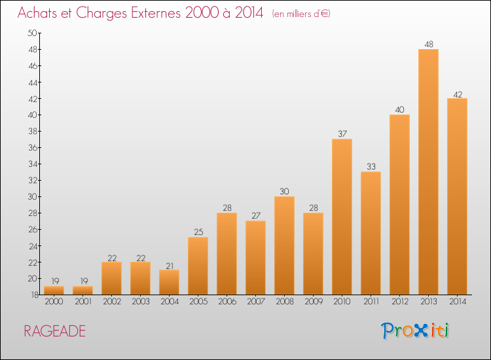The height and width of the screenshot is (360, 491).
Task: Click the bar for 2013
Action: click(428, 172)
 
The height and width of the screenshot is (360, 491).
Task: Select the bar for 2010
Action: click(342, 217)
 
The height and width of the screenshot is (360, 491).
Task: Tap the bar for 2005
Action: click(198, 266)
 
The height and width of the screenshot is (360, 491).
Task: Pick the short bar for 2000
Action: click(54, 291)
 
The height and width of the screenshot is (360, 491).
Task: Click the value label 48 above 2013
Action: click(429, 45)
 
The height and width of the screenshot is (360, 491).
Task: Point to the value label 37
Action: click(342, 134)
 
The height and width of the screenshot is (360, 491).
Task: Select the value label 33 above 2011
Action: click(371, 166)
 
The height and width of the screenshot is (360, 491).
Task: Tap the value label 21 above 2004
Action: click(170, 266)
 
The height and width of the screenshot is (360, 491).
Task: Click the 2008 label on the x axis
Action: click(285, 302)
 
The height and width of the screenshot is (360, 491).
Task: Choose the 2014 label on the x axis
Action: click(458, 302)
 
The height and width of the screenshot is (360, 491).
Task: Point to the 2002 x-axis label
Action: click(112, 302)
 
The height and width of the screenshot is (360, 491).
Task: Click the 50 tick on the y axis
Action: click(32, 33)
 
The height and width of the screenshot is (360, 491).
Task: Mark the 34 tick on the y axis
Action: click(33, 164)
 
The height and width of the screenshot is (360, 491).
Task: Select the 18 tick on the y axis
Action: click(35, 295)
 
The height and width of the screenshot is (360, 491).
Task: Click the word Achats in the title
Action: click(37, 13)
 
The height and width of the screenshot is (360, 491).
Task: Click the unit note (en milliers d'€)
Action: click(301, 14)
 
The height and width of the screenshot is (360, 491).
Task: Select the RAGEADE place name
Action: click(54, 331)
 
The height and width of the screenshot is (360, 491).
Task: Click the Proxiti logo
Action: click(415, 331)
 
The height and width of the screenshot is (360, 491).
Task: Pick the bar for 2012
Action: click(399, 205)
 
